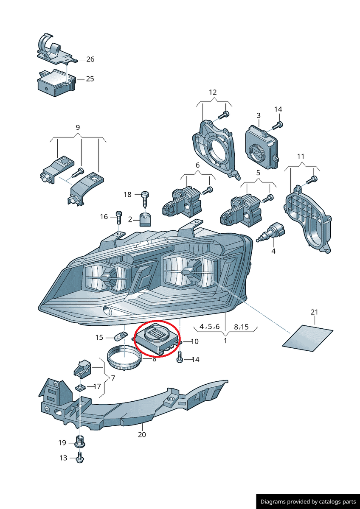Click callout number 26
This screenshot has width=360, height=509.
coord(90,59)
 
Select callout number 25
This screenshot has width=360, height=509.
coord(90,79)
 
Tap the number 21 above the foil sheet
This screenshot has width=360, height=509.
coord(314,312)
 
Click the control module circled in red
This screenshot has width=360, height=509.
coord(156,338)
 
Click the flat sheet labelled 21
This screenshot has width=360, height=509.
coord(308,338)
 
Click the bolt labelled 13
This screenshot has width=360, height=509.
coord(79,458)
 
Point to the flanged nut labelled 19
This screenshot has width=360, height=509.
coord(79,443)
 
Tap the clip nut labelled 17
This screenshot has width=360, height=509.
coord(80,386)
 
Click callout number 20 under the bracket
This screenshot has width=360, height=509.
coord(142,435)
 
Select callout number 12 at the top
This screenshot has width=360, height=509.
coord(213,92)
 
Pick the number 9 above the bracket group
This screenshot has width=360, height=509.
coord(78,127)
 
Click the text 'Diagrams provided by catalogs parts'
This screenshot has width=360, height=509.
coord(308,501)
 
